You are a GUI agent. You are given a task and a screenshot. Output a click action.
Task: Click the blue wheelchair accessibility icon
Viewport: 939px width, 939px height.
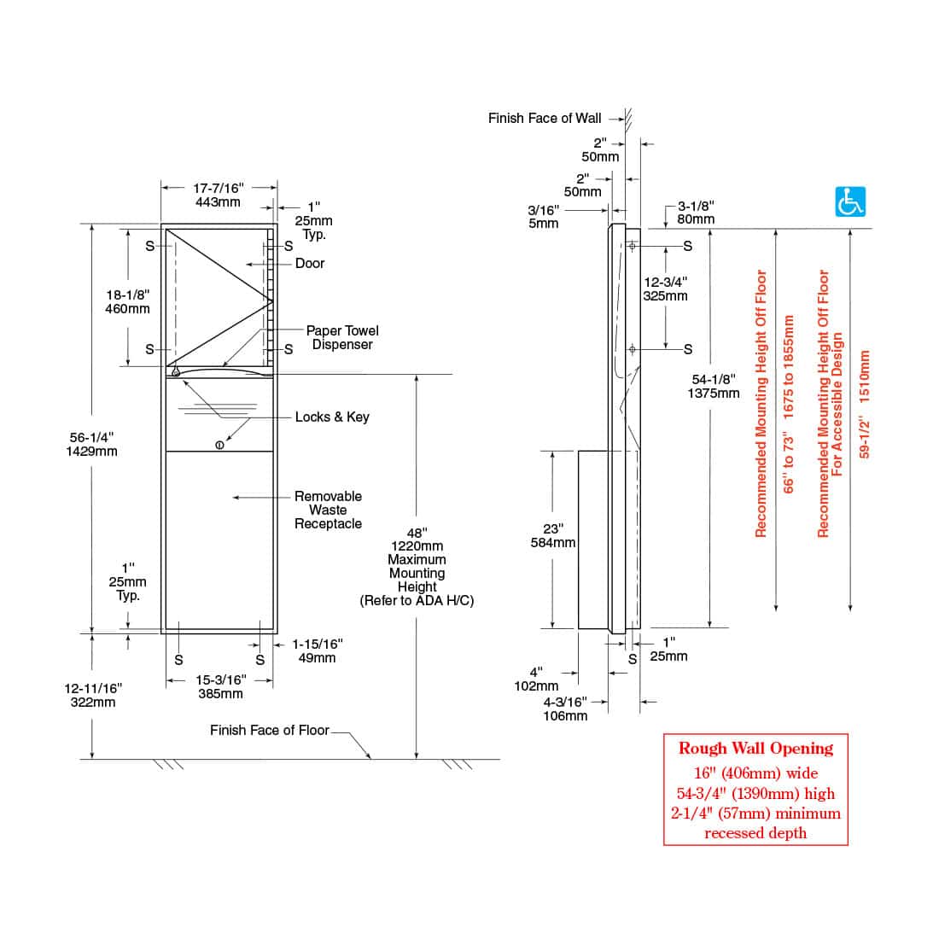[849, 201]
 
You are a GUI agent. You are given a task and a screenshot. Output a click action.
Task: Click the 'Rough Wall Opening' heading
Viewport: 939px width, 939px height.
[755, 749]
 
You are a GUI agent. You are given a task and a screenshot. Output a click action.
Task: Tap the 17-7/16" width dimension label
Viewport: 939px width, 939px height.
[219, 195]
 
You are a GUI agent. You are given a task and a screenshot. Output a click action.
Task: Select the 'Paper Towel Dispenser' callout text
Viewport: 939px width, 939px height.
[342, 337]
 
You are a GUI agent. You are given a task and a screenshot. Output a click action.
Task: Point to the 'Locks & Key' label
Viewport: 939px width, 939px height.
[332, 417]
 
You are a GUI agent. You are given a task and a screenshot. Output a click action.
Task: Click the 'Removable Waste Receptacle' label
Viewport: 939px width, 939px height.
[328, 510]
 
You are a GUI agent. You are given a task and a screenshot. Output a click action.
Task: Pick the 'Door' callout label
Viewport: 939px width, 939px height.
[310, 263]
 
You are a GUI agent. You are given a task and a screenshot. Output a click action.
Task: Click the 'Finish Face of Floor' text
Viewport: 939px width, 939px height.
[269, 730]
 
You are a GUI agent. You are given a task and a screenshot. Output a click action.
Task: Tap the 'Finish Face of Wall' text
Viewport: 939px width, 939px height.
[545, 118]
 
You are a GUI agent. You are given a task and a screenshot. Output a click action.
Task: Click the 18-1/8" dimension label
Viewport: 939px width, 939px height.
[127, 301]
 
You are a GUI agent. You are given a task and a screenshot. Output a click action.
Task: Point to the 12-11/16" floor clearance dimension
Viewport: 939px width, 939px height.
[93, 695]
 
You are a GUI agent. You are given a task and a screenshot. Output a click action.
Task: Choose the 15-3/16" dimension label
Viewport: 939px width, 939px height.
[220, 686]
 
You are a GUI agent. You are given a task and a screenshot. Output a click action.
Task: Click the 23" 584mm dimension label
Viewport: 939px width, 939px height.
[553, 535]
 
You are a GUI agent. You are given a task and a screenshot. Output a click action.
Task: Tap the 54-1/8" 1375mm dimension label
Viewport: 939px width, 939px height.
[713, 386]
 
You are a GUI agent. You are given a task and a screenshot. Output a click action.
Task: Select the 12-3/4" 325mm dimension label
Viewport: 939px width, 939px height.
[665, 289]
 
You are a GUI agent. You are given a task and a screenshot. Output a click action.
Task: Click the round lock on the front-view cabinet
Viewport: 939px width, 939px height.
[220, 444]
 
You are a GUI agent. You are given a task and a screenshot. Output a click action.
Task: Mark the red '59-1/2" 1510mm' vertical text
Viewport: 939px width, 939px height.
[864, 404]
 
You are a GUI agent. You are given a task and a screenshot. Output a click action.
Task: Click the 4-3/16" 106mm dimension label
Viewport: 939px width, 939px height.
[565, 709]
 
